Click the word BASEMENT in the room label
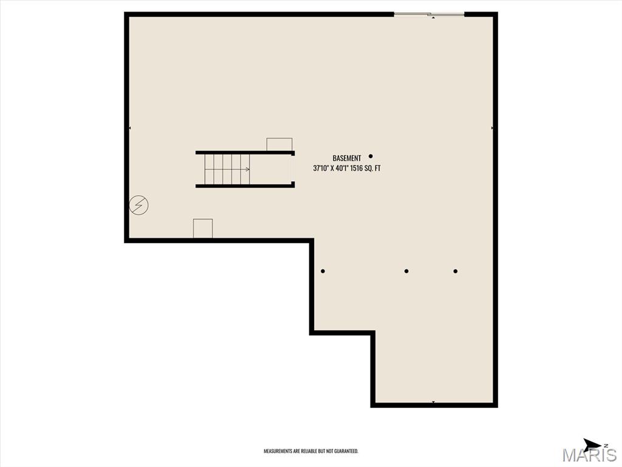point(346,158)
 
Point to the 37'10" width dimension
point(321,168)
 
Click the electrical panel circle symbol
point(138,206)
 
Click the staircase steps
point(222,169)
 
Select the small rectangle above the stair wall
point(279,144)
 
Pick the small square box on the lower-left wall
point(203,229)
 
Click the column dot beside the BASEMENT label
point(371,156)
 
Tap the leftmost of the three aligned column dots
point(323,271)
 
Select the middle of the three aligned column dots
point(406,271)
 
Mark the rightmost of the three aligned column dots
point(455,271)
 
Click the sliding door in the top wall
point(429,14)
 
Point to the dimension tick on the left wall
point(130,128)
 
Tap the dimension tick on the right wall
point(492,128)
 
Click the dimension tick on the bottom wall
point(433,402)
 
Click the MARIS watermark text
point(589,455)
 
